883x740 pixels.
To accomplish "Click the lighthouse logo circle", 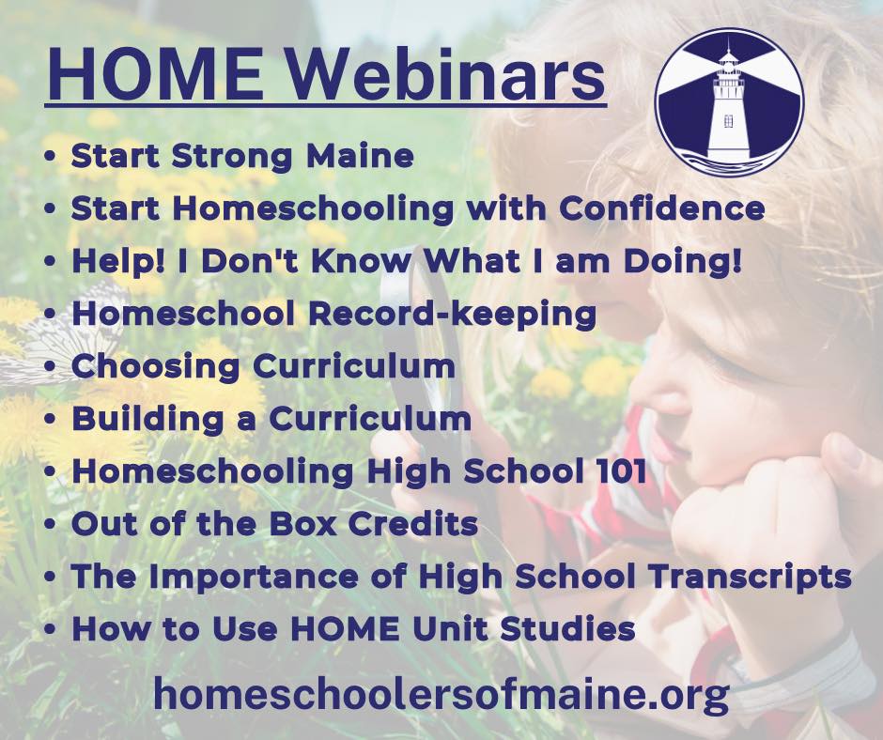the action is [x=729, y=103].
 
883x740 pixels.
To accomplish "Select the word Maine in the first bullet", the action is [x=361, y=156].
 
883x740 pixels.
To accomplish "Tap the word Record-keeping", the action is [x=452, y=315].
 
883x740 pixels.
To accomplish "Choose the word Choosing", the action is [x=155, y=366].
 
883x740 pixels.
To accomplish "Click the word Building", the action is [x=147, y=420].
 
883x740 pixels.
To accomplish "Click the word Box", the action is [x=303, y=524].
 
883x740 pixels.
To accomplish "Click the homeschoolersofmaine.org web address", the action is [x=441, y=694].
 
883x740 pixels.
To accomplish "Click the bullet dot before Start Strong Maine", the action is [x=51, y=157].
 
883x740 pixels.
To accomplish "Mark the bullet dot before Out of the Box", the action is [x=51, y=525].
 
